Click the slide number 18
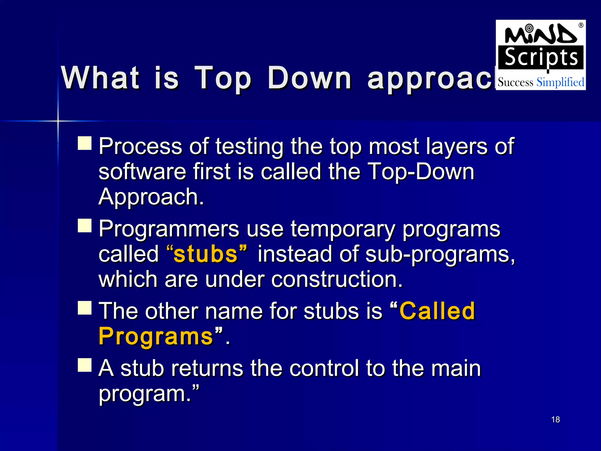555,420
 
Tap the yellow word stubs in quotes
205,254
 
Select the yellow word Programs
156,336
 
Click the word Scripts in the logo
541,58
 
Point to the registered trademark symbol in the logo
581,26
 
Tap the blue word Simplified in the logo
560,83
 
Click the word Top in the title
223,78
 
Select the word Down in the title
310,78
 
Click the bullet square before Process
85,143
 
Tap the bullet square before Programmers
85,225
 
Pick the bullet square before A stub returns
85,365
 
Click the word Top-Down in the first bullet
421,172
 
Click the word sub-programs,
440,254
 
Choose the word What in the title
100,78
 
